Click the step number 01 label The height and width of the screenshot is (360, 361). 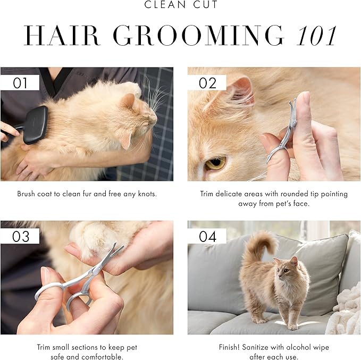tap(20, 82)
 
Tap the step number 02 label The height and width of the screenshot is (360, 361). tap(207, 82)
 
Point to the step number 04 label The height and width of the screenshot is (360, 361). tap(208, 236)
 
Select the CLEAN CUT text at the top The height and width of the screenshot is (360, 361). tap(180, 5)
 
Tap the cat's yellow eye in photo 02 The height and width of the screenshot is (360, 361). tap(215, 163)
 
